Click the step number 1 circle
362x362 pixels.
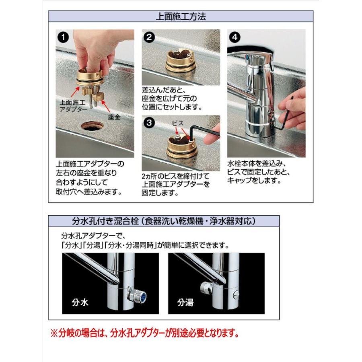point(63,37)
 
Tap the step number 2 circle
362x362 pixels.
point(149,37)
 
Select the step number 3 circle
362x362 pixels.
point(149,123)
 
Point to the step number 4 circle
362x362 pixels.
point(235,37)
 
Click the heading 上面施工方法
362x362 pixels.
point(181,16)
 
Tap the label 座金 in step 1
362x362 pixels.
point(114,117)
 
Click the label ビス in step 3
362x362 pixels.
point(177,123)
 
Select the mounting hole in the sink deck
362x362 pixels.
point(92,126)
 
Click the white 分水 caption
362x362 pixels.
point(80,302)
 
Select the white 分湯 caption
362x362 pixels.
point(185,302)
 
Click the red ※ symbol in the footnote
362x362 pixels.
point(54,333)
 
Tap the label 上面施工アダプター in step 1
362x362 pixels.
point(72,105)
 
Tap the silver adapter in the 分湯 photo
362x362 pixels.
point(206,288)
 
